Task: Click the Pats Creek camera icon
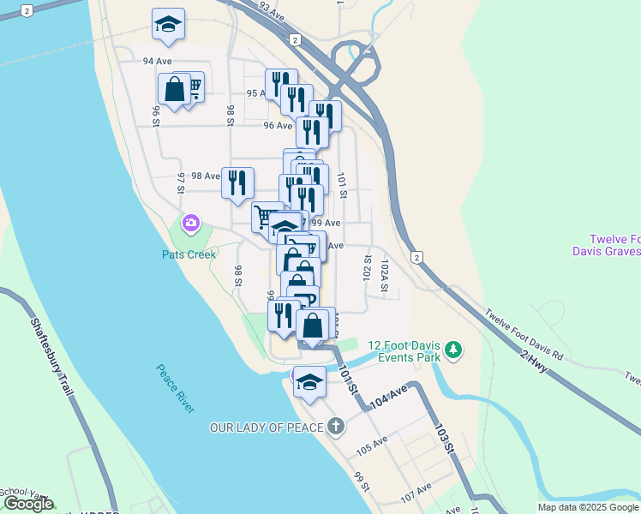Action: (190, 224)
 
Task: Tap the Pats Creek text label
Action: (189, 254)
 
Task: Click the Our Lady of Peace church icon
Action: (335, 426)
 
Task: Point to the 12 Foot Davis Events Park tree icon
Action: (453, 350)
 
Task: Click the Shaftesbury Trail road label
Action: (52, 356)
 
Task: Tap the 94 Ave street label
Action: (158, 61)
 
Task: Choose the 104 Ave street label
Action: (388, 397)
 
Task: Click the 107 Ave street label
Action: (416, 494)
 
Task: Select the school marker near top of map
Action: (169, 25)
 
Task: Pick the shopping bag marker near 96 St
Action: (174, 90)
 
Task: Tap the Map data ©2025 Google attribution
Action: (588, 507)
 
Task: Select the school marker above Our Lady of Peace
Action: (309, 380)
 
